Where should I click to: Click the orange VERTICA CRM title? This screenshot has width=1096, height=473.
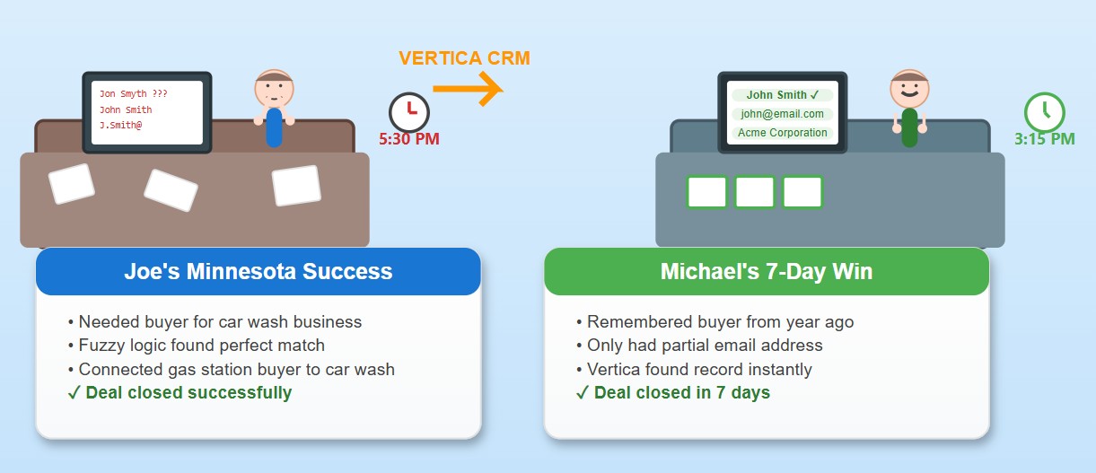464,58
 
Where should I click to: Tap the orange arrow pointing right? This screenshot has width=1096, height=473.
469,89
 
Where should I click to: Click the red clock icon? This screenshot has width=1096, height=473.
409,112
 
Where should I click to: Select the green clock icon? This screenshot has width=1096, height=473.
1044,112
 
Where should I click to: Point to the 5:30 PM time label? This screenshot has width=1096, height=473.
409,139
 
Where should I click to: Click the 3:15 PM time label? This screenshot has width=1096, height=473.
1044,139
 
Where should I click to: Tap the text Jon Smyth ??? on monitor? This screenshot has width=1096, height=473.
133,94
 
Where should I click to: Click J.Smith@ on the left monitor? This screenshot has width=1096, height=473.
120,126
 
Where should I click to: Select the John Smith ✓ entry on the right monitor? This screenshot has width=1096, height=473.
782,95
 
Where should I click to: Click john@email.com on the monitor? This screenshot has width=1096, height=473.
782,114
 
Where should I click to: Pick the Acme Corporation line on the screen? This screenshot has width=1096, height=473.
782,133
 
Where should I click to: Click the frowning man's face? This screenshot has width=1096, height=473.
274,89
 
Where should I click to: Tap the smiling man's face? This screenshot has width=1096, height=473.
909,89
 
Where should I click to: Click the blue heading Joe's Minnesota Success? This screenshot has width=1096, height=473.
259,271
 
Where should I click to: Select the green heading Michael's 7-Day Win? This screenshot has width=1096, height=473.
767,271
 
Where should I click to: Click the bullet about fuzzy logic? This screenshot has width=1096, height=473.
197,346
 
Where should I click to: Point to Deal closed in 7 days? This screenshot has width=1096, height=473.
672,393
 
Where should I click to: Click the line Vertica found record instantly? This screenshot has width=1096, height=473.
694,369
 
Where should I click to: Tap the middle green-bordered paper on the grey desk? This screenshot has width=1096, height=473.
755,192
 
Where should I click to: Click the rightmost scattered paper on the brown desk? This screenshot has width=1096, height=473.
296,186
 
